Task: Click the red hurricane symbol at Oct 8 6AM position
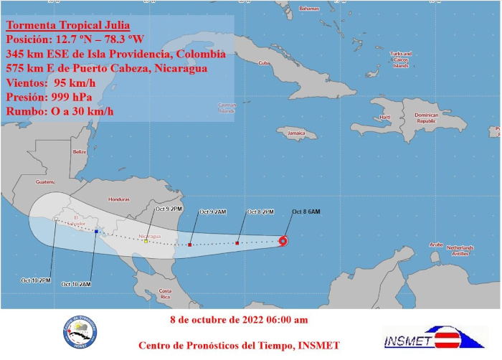coord(283,240)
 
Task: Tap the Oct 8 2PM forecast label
coord(261,212)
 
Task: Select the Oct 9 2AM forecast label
coord(213,212)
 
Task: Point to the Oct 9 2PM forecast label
coord(169,209)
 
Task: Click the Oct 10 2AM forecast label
coord(76,284)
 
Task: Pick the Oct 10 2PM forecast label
coord(36,280)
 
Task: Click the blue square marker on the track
coord(96,232)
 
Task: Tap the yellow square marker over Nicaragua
coord(146,241)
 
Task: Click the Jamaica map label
coord(296,133)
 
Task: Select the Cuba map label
coord(263,62)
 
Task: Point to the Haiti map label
coord(385,117)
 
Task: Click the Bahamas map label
coord(308,9)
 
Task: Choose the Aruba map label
coord(435,245)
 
